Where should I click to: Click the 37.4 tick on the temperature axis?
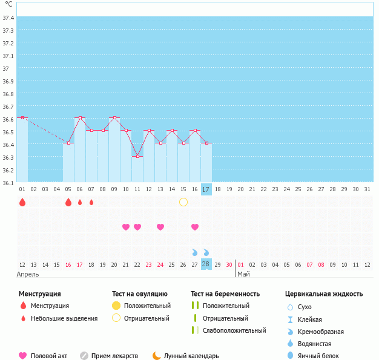tap(8, 18)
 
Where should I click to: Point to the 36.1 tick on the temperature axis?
tap(8, 183)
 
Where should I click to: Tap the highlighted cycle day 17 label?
tap(206, 189)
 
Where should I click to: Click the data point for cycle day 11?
tap(137, 156)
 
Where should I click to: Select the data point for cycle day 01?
tap(22, 117)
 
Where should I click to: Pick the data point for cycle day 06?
tap(80, 117)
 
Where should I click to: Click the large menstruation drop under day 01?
tap(22, 202)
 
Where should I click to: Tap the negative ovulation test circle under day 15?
tap(183, 201)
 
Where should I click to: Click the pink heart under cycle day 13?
tap(160, 227)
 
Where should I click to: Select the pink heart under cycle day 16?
tap(195, 227)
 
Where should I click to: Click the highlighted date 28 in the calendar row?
tap(206, 264)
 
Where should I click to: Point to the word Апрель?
tap(27, 274)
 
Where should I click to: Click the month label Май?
tap(243, 274)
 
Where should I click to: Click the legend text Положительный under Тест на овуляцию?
tap(147, 306)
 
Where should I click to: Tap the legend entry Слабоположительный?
tap(234, 330)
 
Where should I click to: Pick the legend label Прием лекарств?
tap(114, 356)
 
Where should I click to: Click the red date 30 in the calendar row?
tap(229, 264)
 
